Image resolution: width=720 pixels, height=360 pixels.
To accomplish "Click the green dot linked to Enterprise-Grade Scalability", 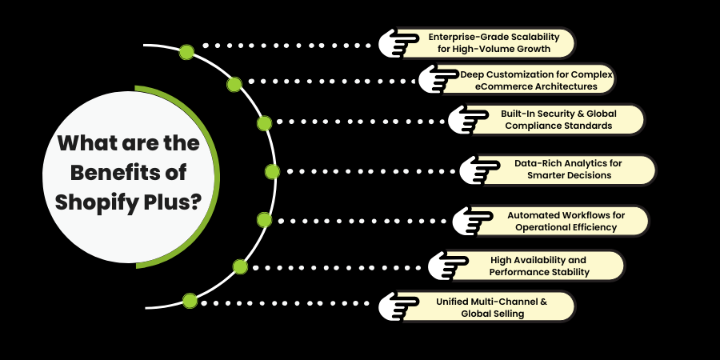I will (186, 52).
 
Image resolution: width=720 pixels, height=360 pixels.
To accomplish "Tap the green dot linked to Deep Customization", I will (234, 83).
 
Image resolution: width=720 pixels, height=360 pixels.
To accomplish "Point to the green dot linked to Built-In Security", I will (264, 123).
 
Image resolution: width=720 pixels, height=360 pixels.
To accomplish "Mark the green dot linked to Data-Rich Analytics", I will (272, 171).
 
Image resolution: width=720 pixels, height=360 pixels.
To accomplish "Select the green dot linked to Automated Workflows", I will (264, 219).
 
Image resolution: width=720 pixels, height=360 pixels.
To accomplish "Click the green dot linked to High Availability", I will (239, 266).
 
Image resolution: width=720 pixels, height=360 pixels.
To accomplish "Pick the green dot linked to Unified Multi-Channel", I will (190, 301).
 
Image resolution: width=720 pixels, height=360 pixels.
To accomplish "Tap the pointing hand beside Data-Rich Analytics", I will (479, 170).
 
